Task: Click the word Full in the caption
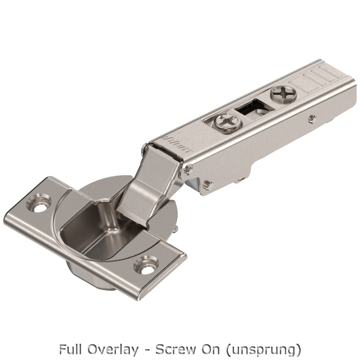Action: (69, 350)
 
